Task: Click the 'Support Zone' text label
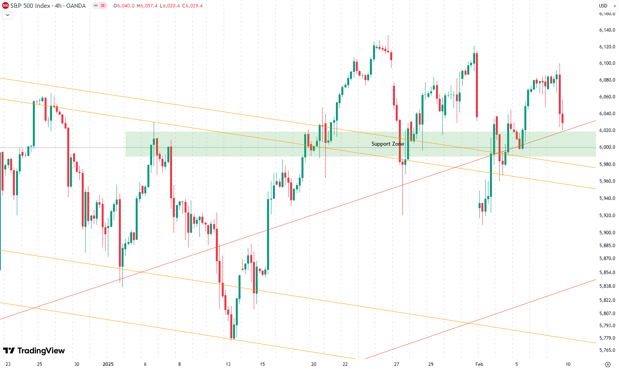tap(388, 144)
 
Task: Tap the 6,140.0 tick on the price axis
tap(607, 30)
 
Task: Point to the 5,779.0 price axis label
tap(607, 338)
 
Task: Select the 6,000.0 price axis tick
tap(607, 147)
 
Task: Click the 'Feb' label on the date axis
tap(479, 364)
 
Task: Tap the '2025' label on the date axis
tap(108, 364)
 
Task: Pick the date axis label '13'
tap(228, 364)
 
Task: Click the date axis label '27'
tap(397, 364)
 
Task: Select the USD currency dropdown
tap(607, 6)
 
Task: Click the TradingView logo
tap(34, 351)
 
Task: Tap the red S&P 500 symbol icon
tap(5, 6)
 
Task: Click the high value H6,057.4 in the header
tap(147, 6)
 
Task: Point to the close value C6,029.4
tap(192, 6)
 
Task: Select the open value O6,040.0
tap(124, 6)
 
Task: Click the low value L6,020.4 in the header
tap(170, 6)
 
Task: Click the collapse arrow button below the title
tap(8, 15)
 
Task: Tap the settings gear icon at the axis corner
tap(608, 364)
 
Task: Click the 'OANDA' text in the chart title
tap(76, 6)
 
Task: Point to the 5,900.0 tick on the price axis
tap(607, 233)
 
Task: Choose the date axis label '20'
tap(314, 364)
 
